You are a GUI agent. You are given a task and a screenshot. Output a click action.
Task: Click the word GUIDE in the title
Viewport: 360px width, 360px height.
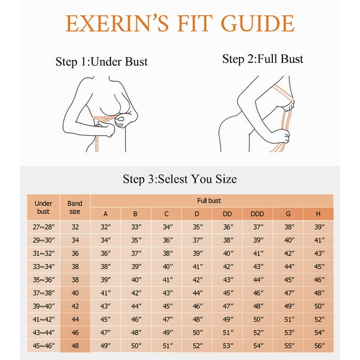click(258, 23)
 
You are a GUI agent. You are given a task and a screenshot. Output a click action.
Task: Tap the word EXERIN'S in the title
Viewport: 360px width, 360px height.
click(117, 23)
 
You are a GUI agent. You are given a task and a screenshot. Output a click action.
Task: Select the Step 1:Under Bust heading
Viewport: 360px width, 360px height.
click(102, 62)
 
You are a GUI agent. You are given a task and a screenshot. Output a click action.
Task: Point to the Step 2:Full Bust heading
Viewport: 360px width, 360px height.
click(263, 59)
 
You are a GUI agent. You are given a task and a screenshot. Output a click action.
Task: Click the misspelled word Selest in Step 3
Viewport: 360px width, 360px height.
click(173, 179)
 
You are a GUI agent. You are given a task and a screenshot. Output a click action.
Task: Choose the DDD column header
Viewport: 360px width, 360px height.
click(258, 214)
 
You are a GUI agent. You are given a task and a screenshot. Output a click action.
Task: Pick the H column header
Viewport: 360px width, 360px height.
click(318, 214)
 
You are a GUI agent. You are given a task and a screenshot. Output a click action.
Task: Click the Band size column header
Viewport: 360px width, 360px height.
click(75, 207)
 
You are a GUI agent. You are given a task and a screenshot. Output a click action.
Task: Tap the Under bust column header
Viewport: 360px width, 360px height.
click(44, 207)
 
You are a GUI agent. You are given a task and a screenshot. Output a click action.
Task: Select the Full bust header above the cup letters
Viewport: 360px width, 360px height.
click(209, 201)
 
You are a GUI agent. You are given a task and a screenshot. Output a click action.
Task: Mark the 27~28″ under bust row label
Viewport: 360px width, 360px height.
click(44, 227)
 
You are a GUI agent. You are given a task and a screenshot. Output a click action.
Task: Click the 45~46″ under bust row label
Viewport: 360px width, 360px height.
click(44, 346)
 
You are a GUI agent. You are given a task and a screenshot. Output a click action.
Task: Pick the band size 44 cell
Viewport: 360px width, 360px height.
click(75, 319)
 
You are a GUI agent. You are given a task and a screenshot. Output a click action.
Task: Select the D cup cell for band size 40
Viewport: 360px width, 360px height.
click(198, 293)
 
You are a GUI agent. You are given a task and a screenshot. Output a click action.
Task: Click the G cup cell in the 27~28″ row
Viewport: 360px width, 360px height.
click(289, 227)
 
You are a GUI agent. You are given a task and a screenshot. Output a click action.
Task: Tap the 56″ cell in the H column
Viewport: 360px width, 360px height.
click(319, 346)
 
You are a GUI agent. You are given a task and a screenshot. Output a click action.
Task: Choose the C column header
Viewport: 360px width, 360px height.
click(166, 214)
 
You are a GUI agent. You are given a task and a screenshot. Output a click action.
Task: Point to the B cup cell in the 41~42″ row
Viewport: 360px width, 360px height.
click(136, 319)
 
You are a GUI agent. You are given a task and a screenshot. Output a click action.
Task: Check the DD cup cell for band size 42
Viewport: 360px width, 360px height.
click(228, 306)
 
